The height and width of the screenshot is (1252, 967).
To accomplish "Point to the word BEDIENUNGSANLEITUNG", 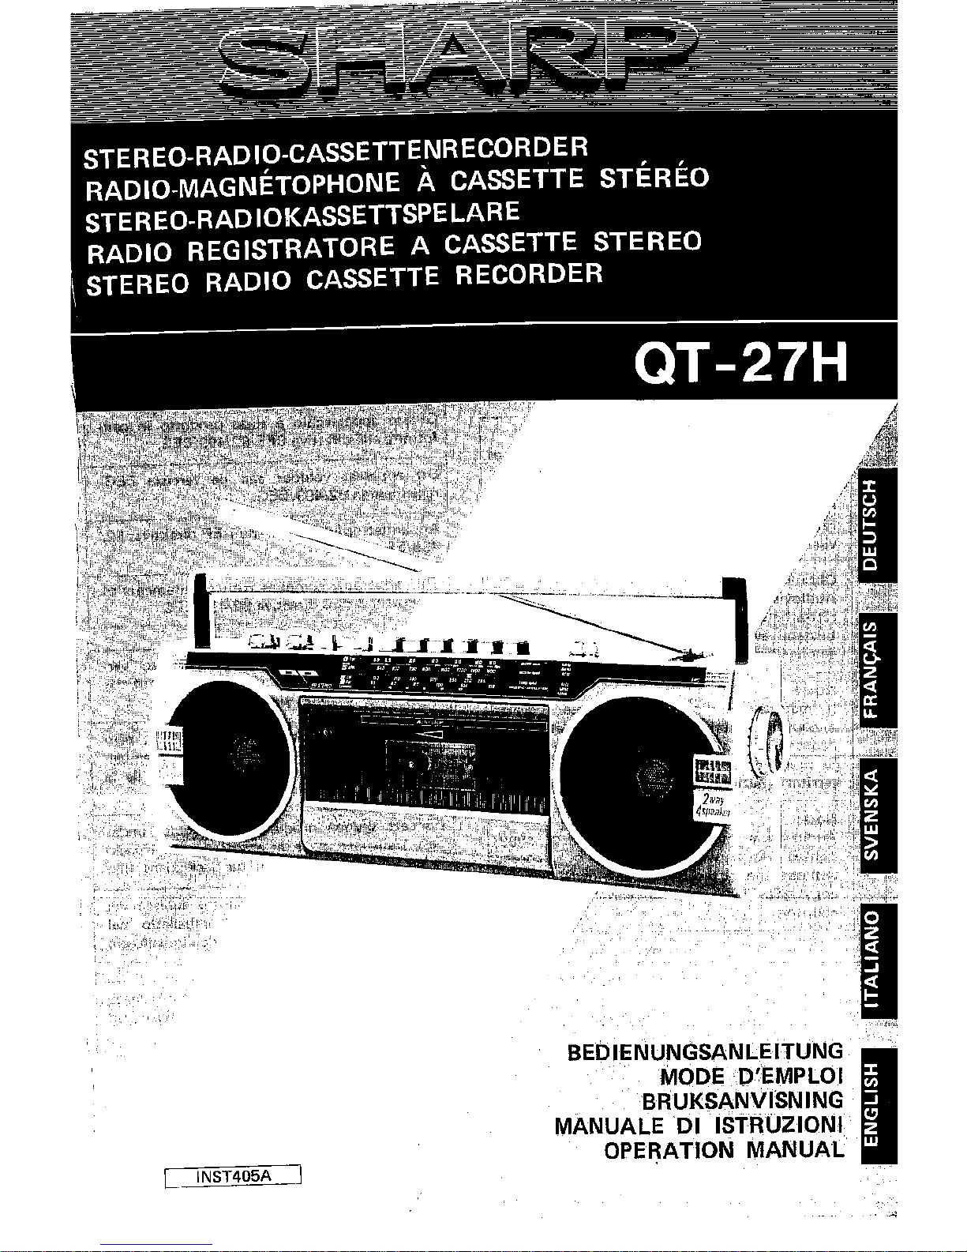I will tap(705, 1052).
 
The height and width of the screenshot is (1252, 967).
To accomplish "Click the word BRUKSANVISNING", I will tap(741, 1100).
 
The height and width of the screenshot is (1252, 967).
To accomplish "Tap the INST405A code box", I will tap(233, 1176).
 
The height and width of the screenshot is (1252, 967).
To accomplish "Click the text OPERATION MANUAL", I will tap(723, 1149).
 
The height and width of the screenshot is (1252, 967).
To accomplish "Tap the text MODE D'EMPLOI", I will tap(751, 1076).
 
